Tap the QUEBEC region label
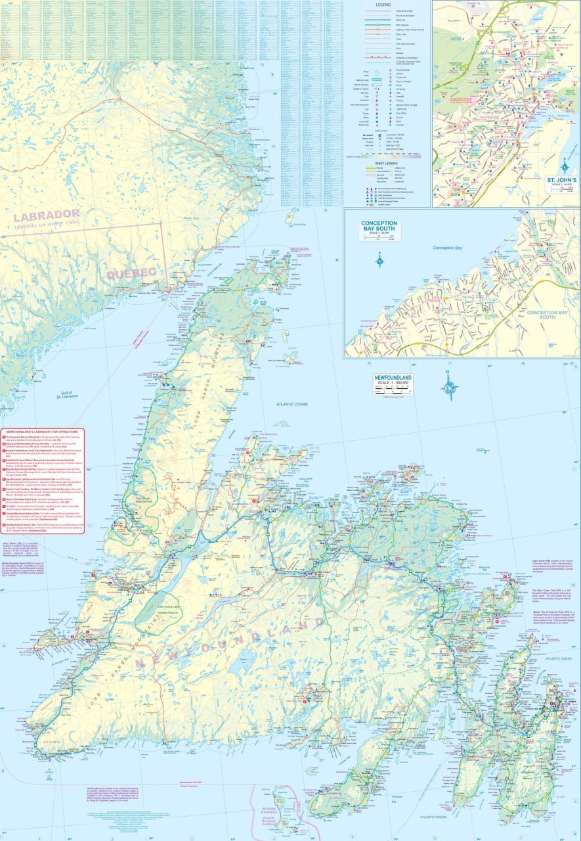pos(131,273)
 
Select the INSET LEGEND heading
pos(387,163)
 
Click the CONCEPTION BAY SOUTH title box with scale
pos(379,229)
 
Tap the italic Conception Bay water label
pos(448,248)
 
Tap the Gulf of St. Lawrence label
pos(67,394)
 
